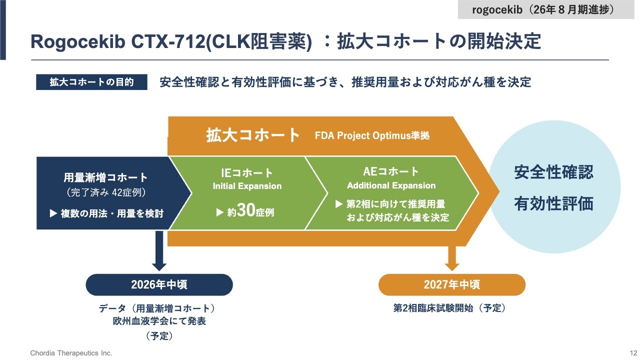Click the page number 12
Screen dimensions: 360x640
(632, 353)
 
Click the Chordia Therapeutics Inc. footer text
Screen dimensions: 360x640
(71, 353)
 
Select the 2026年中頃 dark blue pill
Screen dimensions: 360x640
(159, 284)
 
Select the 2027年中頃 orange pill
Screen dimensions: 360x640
(452, 284)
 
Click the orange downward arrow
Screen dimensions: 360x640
(452, 257)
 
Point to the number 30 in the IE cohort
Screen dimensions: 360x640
(246, 211)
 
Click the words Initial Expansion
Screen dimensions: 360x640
(247, 186)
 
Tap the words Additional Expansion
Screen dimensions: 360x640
(391, 185)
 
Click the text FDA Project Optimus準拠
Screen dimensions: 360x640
(372, 136)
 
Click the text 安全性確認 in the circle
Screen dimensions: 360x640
(553, 172)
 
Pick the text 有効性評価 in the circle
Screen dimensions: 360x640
(553, 204)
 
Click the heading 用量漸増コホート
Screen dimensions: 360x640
(105, 177)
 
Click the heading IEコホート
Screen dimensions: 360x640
(247, 173)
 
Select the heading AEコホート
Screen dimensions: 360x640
(391, 172)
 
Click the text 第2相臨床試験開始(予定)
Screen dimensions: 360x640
(449, 308)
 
